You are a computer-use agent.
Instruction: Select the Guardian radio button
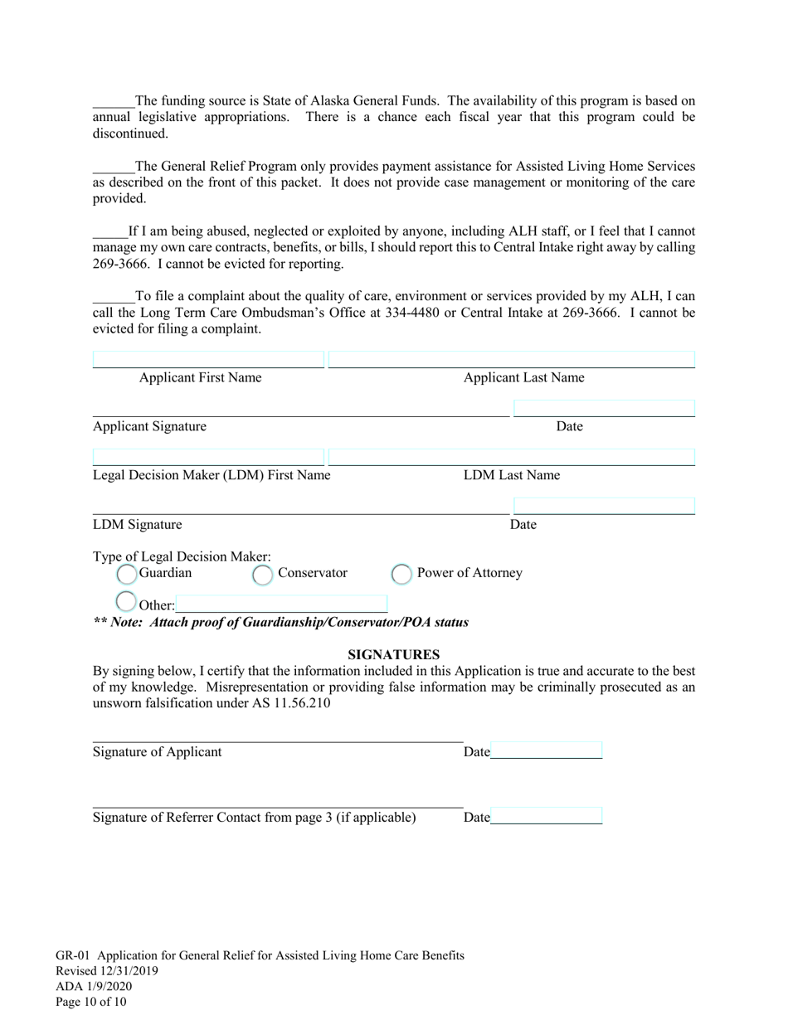coord(126,574)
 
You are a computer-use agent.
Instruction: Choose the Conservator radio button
coord(262,574)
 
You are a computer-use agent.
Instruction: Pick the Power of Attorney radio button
coord(401,574)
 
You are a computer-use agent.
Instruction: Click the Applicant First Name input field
coord(207,359)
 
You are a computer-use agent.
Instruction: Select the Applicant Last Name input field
coord(512,359)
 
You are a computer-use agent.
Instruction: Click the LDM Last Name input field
coord(512,457)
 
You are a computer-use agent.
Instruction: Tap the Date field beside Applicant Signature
coord(604,408)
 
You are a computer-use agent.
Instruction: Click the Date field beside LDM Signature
coord(604,506)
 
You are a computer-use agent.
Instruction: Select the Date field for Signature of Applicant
coord(546,750)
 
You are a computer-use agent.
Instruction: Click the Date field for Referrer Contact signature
coord(546,816)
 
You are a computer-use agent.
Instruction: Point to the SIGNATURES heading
coord(393,654)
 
